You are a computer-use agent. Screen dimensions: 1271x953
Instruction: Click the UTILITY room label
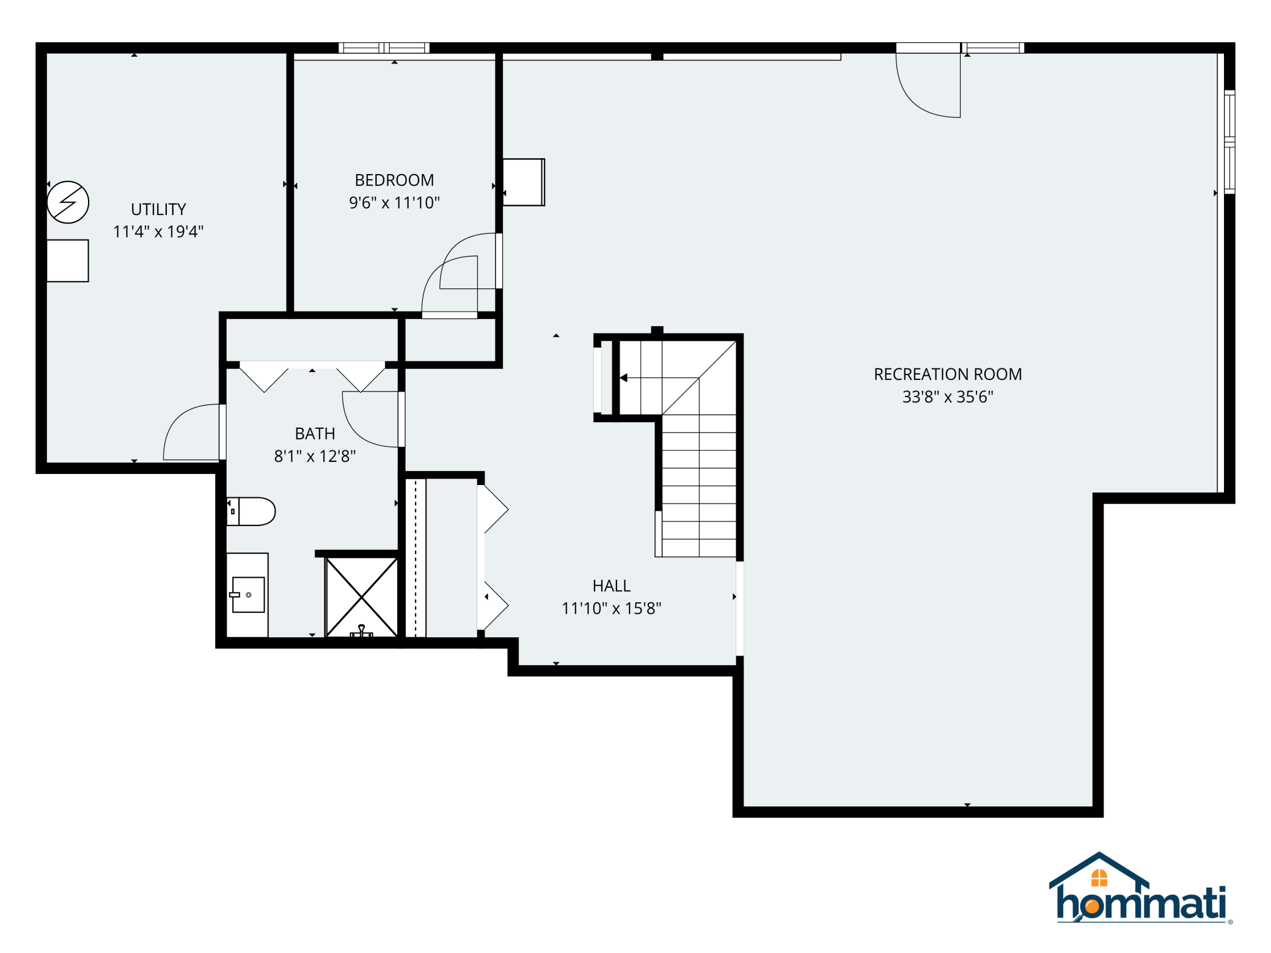(x=158, y=210)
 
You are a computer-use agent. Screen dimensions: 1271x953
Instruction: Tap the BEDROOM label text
(x=394, y=180)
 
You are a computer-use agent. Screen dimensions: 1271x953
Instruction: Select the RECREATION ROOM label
(x=948, y=374)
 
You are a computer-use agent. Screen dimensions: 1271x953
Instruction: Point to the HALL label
(x=611, y=586)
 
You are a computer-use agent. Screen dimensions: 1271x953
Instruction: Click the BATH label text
(x=315, y=434)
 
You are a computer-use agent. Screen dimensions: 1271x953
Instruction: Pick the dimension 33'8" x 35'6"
(x=948, y=397)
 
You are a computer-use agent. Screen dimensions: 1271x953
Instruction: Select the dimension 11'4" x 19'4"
(x=158, y=232)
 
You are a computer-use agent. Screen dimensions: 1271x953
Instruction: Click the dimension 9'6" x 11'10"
(x=394, y=203)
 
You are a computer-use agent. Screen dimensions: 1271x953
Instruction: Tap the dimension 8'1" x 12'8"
(x=315, y=456)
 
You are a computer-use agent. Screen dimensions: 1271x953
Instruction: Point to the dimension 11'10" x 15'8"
(x=611, y=608)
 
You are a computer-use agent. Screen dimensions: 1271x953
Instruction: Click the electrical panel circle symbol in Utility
(x=68, y=202)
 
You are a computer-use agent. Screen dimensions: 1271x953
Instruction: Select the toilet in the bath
(x=251, y=511)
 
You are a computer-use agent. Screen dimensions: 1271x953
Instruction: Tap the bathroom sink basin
(x=247, y=594)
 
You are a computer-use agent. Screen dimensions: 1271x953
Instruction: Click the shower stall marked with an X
(x=362, y=597)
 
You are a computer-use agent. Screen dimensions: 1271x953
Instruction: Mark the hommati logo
(x=1140, y=888)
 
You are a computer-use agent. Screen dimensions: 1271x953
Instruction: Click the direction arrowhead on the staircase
(x=623, y=378)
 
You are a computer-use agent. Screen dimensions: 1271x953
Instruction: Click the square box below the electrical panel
(x=68, y=261)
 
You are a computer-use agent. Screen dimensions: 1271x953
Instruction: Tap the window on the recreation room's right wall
(x=1229, y=142)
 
